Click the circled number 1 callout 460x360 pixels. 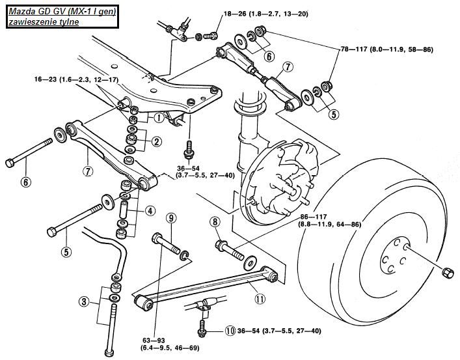tap(158, 118)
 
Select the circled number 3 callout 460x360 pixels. tap(84, 301)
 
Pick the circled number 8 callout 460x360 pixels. tap(214, 223)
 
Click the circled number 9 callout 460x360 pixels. tap(171, 217)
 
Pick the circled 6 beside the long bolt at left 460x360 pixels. tap(25, 182)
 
